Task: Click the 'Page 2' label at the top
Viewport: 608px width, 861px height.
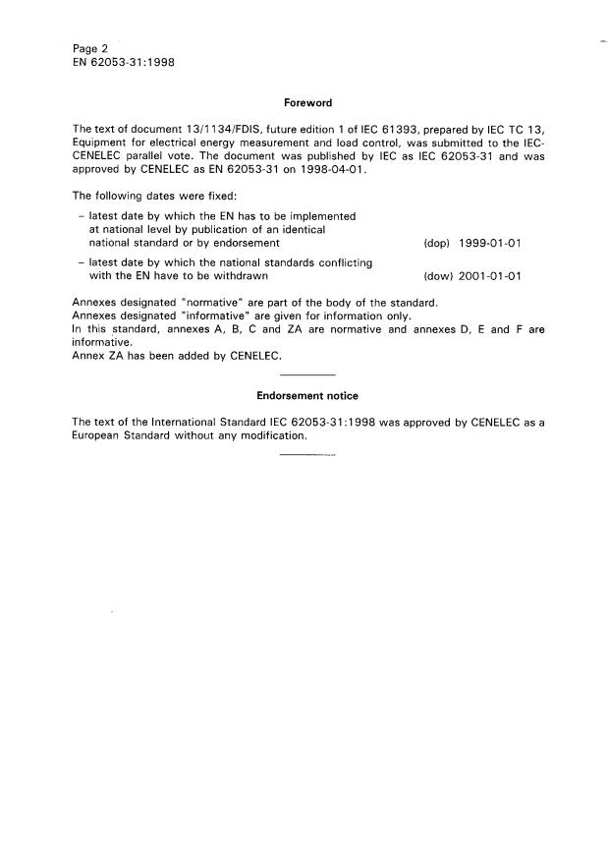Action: (91, 48)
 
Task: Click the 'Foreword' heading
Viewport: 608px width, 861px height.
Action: (306, 102)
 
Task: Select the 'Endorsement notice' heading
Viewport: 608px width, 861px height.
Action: (306, 395)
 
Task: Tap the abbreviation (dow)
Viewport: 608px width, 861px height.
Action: (435, 276)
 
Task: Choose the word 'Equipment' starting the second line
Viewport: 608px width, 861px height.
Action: (102, 143)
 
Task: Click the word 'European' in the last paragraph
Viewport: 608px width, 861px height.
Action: (100, 435)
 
